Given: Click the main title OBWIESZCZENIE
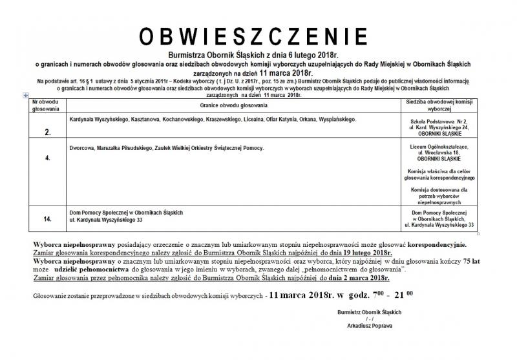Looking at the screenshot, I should [x=257, y=36].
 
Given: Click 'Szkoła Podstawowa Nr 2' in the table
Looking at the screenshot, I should [x=439, y=122].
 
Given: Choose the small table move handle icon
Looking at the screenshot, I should [x=25, y=96].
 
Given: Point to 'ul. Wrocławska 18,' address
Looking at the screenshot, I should [x=439, y=154].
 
